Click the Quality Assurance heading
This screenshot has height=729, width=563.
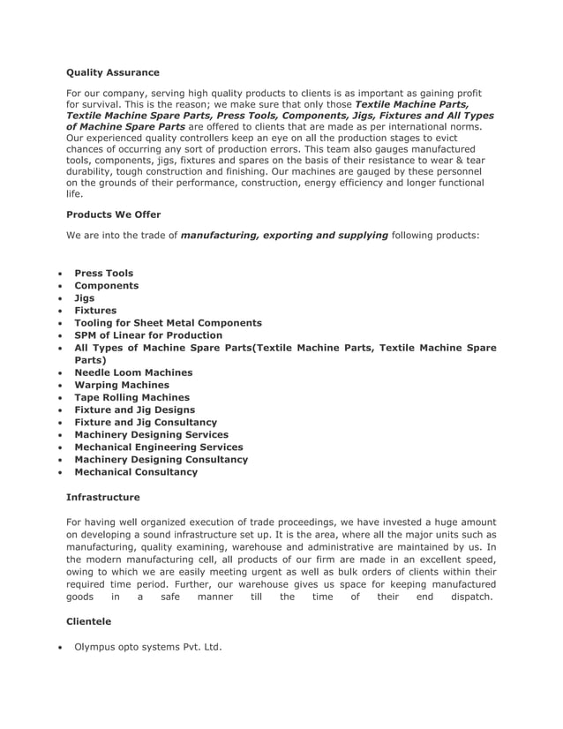(113, 72)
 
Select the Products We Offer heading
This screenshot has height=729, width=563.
(113, 214)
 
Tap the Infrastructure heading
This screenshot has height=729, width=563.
(102, 498)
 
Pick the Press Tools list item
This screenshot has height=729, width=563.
(103, 274)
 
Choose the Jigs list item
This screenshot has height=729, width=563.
(84, 298)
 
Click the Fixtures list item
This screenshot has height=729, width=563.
(94, 311)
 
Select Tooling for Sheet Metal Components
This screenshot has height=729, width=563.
(168, 323)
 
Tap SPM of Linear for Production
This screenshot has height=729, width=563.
(148, 335)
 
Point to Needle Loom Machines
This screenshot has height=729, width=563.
(133, 372)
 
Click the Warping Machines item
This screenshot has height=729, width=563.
(122, 385)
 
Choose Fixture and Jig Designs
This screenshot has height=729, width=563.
(134, 410)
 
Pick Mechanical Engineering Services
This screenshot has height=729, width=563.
(158, 447)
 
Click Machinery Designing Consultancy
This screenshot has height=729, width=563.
(161, 459)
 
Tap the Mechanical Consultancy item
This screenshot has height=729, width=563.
(136, 471)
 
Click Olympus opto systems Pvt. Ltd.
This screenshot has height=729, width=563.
(147, 647)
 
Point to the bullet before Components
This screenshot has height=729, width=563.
(58, 287)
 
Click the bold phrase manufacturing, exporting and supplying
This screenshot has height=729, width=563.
(284, 236)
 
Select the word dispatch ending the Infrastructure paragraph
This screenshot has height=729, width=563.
(470, 597)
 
